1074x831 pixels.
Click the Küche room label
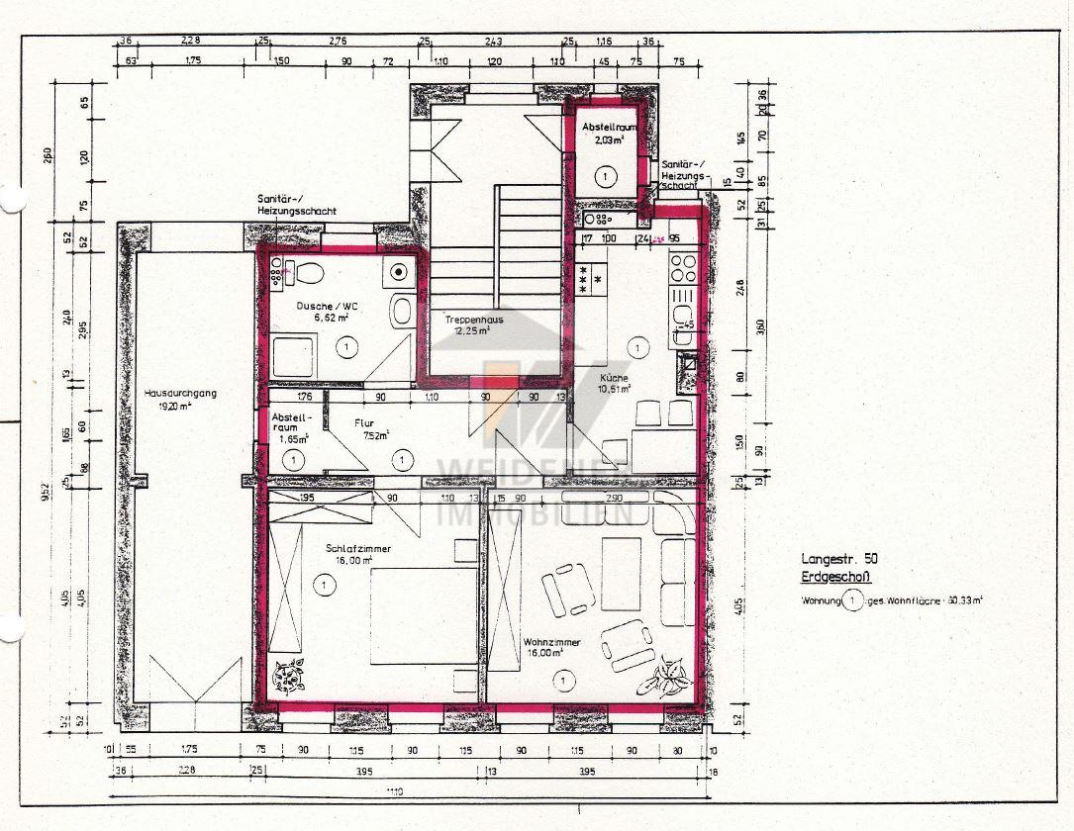[x=614, y=378]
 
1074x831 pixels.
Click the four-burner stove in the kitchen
[x=683, y=268]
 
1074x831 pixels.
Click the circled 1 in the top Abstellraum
[x=606, y=175]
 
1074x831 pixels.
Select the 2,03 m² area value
[x=607, y=141]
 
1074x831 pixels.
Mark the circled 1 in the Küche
[x=638, y=347]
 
